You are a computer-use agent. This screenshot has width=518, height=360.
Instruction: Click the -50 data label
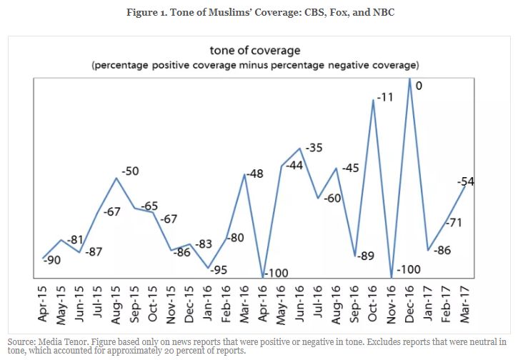[130, 171]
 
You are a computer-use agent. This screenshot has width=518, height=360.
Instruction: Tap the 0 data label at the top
[419, 86]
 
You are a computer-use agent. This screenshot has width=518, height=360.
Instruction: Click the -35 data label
[314, 148]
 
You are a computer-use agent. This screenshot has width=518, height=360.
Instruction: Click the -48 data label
[256, 174]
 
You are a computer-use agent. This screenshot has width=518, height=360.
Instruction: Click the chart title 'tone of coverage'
[254, 50]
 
